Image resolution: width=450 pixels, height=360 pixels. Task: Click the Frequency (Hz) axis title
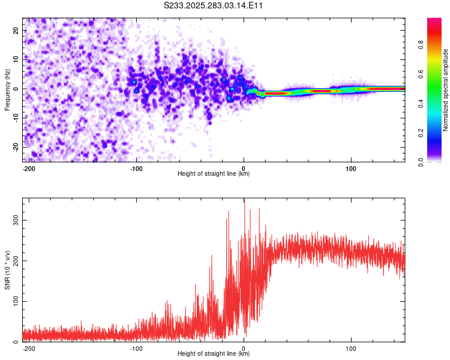tap(8, 88)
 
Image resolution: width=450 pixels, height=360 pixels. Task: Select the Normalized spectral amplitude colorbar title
tap(446, 91)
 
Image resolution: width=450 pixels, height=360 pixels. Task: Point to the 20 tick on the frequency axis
tap(17, 30)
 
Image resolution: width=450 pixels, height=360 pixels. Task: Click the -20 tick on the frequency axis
tap(16, 147)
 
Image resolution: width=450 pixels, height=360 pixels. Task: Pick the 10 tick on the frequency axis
tap(17, 59)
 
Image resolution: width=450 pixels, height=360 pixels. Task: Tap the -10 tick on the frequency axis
tap(16, 118)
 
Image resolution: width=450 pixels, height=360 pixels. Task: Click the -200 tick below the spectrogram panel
tap(28, 167)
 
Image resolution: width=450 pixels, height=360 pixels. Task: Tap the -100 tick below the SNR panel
tap(136, 347)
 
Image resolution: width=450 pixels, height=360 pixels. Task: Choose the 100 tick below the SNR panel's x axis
tap(350, 347)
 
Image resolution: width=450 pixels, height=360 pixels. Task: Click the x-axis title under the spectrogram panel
tap(214, 174)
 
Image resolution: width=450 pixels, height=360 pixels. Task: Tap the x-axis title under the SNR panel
tap(214, 354)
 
